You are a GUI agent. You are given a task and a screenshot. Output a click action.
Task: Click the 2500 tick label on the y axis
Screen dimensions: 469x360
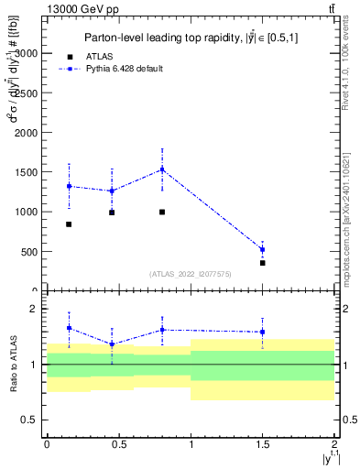pyautogui.click(x=27, y=93)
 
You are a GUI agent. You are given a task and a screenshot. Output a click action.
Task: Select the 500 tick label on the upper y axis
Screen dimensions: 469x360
pyautogui.click(x=30, y=251)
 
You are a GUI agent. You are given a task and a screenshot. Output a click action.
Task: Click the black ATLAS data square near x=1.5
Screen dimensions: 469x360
pyautogui.click(x=263, y=263)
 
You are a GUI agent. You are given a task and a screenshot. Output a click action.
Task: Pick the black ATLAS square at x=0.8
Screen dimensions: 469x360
pyautogui.click(x=162, y=212)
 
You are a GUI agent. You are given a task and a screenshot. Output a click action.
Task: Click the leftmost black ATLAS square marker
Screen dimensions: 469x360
pyautogui.click(x=69, y=224)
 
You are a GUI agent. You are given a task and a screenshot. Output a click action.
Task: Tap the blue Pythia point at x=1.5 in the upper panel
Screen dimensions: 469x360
pyautogui.click(x=263, y=249)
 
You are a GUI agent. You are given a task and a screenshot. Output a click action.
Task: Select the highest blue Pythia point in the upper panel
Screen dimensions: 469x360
pyautogui.click(x=162, y=169)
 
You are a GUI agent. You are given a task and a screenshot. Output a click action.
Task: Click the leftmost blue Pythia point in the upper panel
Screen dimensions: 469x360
pyautogui.click(x=69, y=186)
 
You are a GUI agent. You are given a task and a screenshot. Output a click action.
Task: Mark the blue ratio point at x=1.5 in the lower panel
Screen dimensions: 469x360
pyautogui.click(x=263, y=333)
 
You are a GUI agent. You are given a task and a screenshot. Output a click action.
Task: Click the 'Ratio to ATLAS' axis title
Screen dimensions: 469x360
pyautogui.click(x=12, y=365)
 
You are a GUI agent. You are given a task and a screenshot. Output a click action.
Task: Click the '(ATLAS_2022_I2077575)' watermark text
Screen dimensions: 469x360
pyautogui.click(x=191, y=274)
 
